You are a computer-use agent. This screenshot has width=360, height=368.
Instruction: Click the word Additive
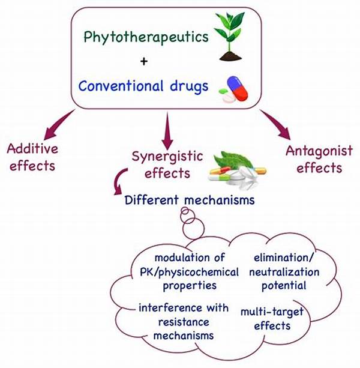pos(31,149)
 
